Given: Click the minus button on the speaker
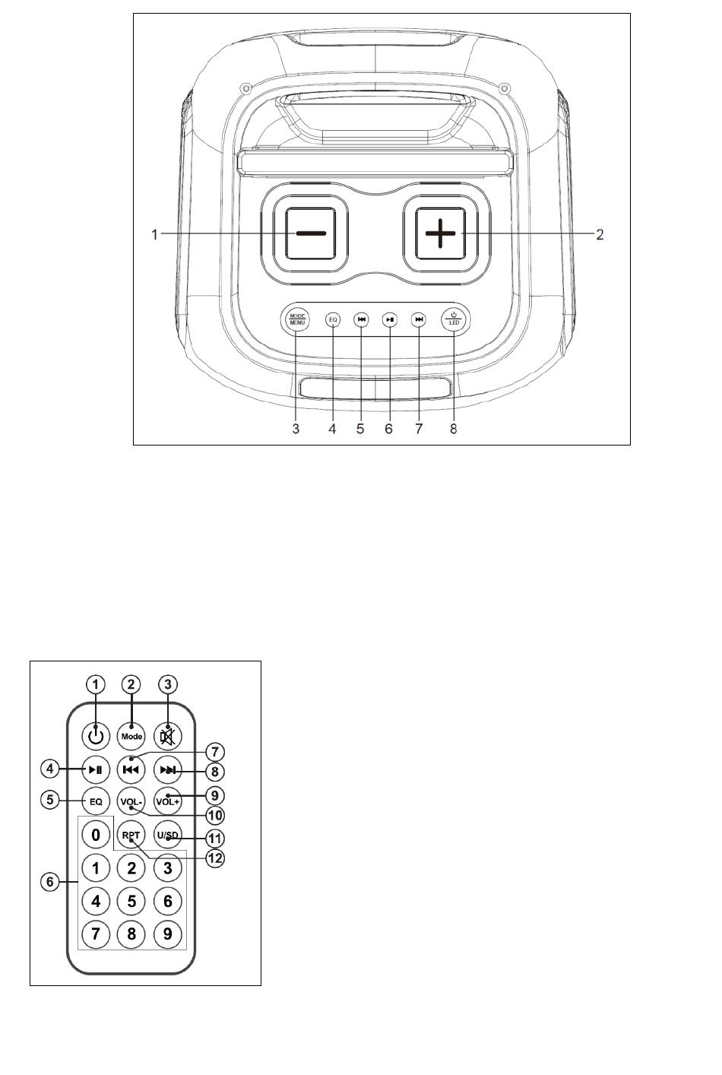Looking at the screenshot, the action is pos(310,233).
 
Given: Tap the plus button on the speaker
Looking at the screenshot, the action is pos(440,233).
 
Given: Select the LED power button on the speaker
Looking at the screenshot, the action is pos(454,319).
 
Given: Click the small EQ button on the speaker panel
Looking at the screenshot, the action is pos(333,319).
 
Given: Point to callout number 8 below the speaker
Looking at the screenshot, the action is pos(454,429).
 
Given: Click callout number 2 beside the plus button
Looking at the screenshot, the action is pos(600,235).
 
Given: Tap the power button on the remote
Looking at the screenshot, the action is pos(96,736).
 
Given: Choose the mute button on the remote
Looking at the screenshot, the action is pos(167,736).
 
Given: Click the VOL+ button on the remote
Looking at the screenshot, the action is pos(167,801).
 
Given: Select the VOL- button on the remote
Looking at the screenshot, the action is pos(131,801).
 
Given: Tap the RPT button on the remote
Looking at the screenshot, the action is pos(131,835).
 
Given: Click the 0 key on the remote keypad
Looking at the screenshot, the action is pos(96,835).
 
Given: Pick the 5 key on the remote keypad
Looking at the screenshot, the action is pos(131,901).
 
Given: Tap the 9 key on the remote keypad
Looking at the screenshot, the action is pos(167,934).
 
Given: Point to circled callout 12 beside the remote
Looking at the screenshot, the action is pos(215,858).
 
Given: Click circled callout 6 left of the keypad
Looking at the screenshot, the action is pos(50,882).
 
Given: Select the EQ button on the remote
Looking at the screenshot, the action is pos(96,801).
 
